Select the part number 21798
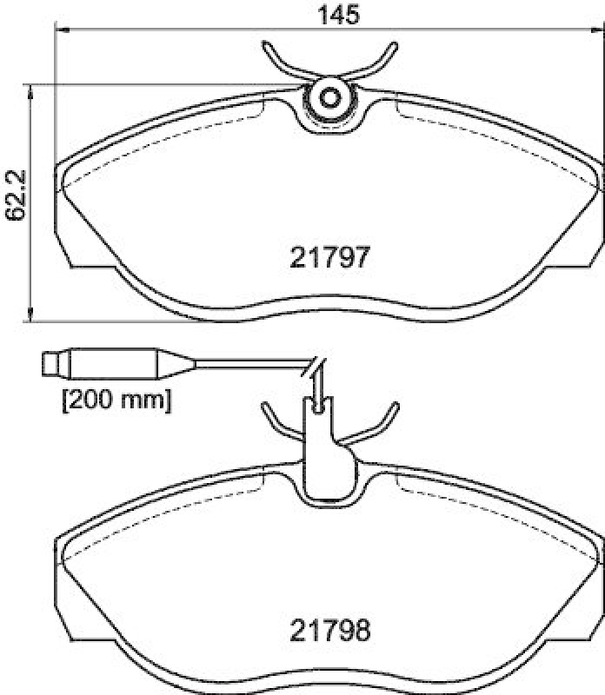[x=329, y=629]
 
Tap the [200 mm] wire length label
[x=115, y=400]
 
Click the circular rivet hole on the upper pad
[x=330, y=97]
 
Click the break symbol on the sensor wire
[x=314, y=368]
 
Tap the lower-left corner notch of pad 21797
[x=87, y=262]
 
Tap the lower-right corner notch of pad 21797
[x=574, y=262]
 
